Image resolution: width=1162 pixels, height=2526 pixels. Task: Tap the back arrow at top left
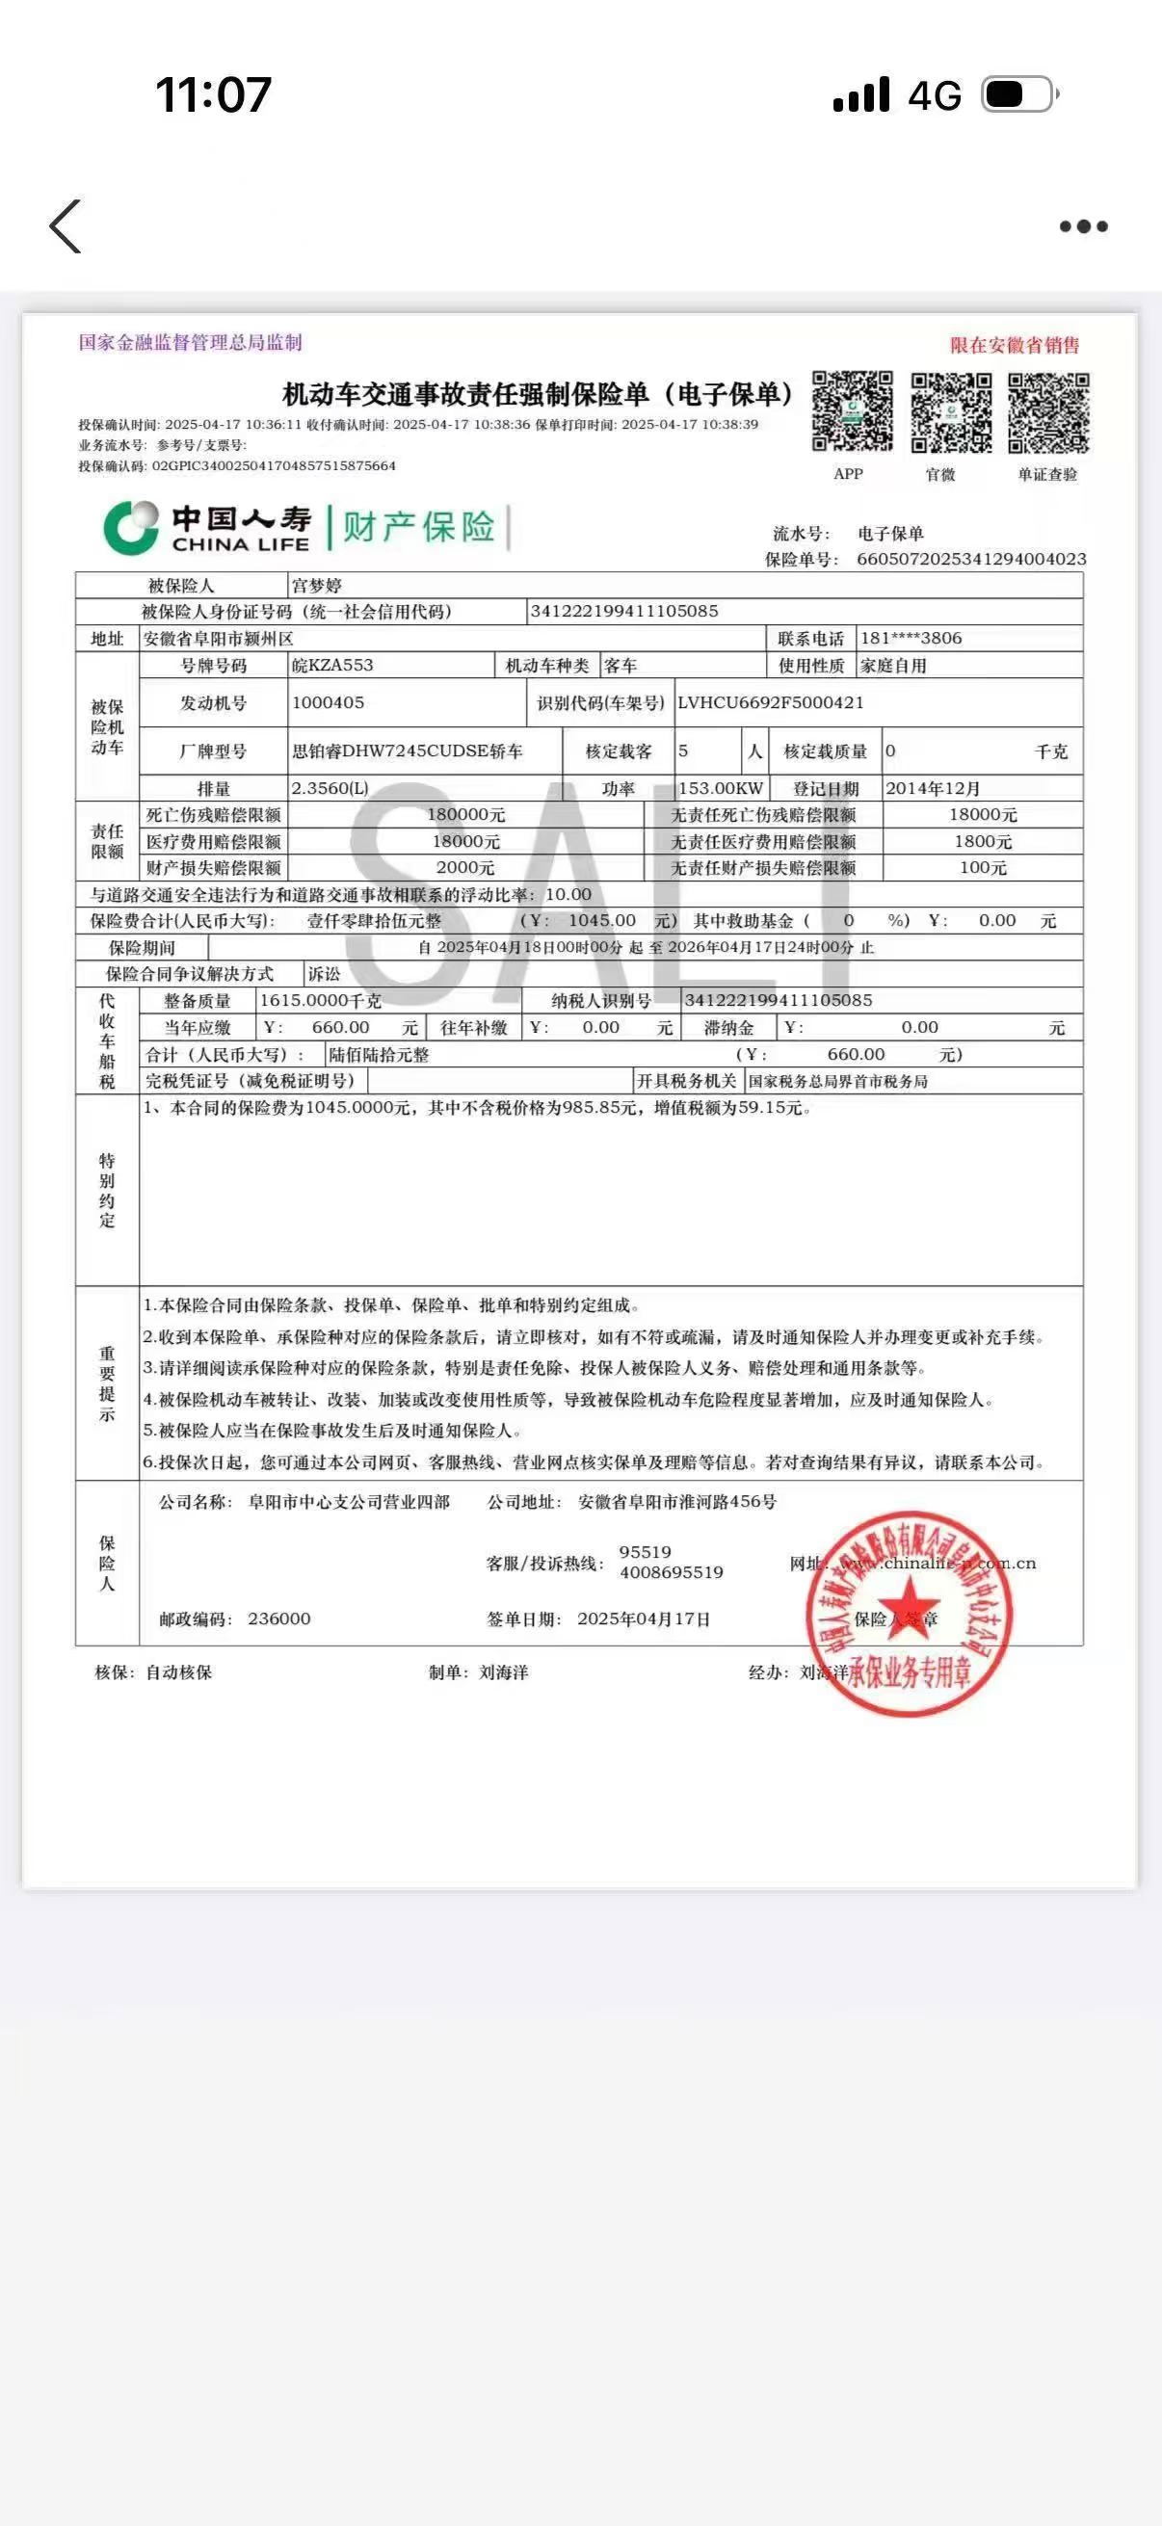(x=66, y=226)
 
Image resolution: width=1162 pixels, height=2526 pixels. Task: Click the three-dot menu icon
(x=1084, y=226)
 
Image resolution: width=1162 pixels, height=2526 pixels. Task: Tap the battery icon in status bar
(x=1019, y=95)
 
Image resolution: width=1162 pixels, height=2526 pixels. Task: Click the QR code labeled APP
(x=852, y=412)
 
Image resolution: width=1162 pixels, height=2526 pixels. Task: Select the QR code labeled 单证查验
(x=1048, y=413)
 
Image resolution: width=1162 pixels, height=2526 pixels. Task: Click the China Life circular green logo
(x=131, y=528)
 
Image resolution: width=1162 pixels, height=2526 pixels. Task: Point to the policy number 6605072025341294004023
(x=971, y=559)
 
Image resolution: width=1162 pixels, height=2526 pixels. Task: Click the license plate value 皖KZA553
(x=332, y=665)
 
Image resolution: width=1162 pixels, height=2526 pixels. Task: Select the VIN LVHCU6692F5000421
(x=770, y=702)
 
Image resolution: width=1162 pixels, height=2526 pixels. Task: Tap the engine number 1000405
(x=328, y=702)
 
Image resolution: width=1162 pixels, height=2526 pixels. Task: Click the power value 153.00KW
(x=721, y=788)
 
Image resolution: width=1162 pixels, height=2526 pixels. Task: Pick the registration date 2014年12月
(x=932, y=788)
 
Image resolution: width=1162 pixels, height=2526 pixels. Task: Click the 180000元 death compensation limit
(x=465, y=815)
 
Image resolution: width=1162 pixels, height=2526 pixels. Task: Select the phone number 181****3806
(x=911, y=639)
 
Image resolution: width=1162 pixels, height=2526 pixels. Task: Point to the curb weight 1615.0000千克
(x=320, y=1000)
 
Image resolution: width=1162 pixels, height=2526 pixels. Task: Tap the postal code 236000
(x=278, y=1618)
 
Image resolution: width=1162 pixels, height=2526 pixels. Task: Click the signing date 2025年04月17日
(x=644, y=1618)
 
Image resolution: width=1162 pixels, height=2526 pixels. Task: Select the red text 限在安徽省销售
(x=1014, y=345)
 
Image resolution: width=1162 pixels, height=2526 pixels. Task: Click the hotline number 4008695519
(x=671, y=1573)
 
